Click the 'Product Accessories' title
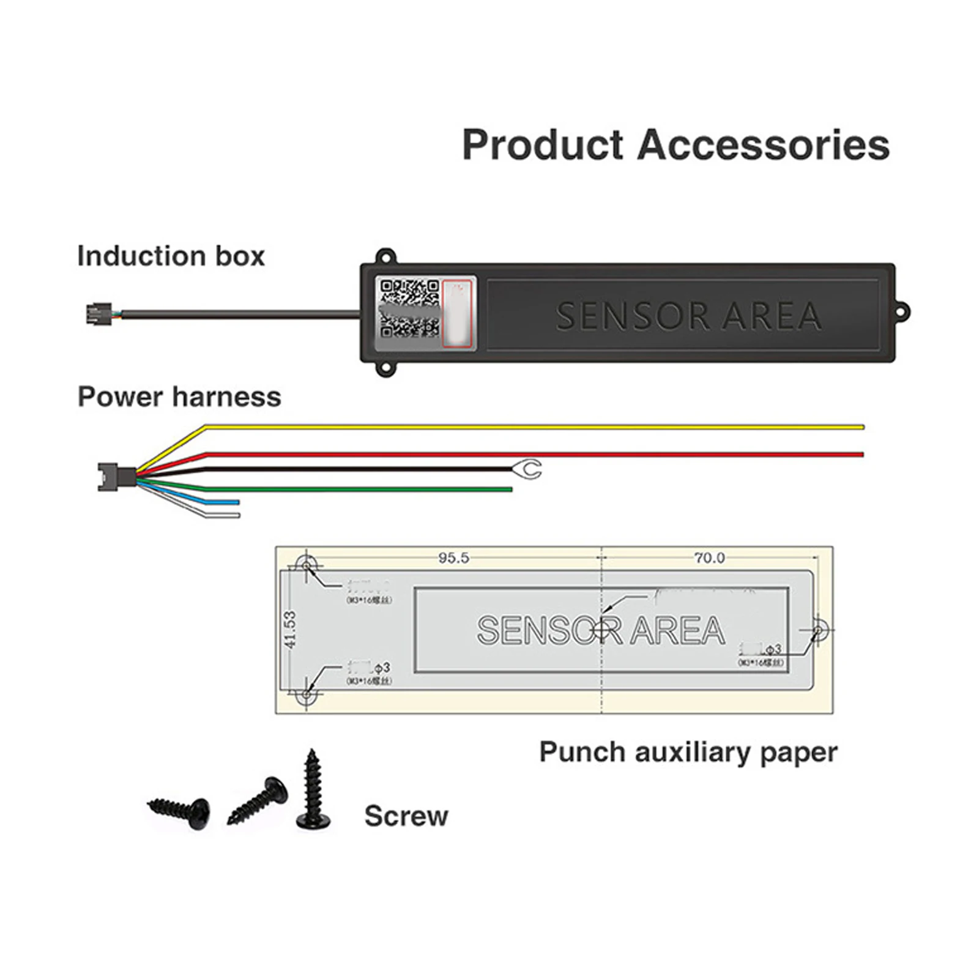676,145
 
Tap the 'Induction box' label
171,256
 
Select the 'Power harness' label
179,397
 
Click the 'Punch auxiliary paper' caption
688,752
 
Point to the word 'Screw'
406,816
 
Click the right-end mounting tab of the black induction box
902,312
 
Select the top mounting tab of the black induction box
385,256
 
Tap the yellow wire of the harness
532,426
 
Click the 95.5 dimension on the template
453,558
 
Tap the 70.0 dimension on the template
709,558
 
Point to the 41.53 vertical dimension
290,630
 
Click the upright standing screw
313,789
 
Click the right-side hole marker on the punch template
819,628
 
